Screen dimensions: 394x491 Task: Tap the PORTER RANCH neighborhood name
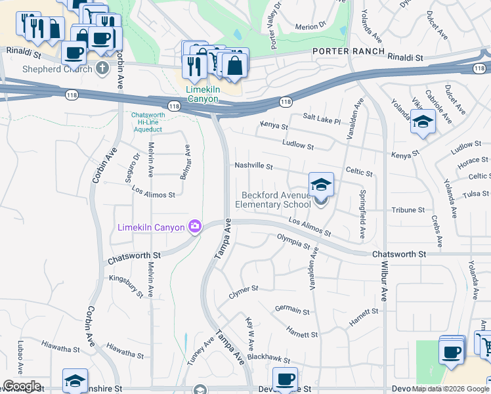coord(345,51)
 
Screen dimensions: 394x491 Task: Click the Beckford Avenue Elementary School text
coord(276,200)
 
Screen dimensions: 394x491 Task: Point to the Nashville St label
coord(253,166)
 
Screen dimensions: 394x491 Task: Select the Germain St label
coord(292,310)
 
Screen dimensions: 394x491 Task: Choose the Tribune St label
coord(408,210)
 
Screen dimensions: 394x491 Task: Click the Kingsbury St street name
coord(126,287)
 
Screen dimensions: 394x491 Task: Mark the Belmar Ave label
coord(187,161)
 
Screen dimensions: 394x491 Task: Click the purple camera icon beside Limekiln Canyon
coord(194,227)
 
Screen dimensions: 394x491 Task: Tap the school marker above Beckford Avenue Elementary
coord(321,185)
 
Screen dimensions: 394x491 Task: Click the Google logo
coord(22,386)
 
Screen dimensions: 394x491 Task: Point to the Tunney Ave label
coord(200,351)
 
